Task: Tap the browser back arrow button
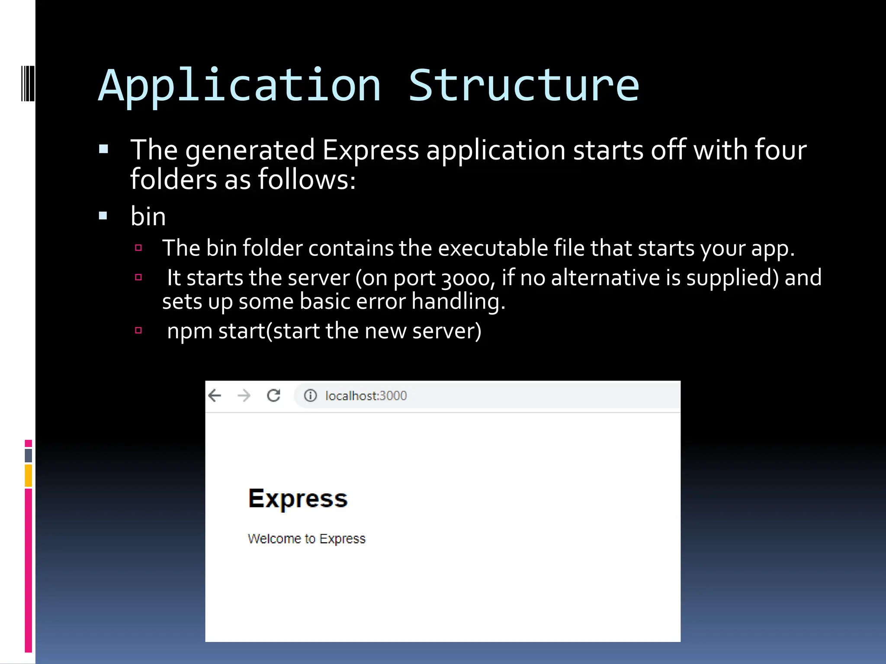pos(215,396)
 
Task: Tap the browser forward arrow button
pos(244,396)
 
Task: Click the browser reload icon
pos(273,396)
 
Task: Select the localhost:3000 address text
pos(366,396)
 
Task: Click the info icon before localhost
pos(310,396)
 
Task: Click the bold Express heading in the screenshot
pos(298,499)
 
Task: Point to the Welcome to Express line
pos(306,539)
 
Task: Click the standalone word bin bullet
pos(148,217)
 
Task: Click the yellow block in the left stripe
pos(29,476)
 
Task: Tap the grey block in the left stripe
pos(29,455)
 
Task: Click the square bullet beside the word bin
pos(103,216)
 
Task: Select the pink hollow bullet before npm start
pos(138,331)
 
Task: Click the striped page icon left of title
pos(28,83)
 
